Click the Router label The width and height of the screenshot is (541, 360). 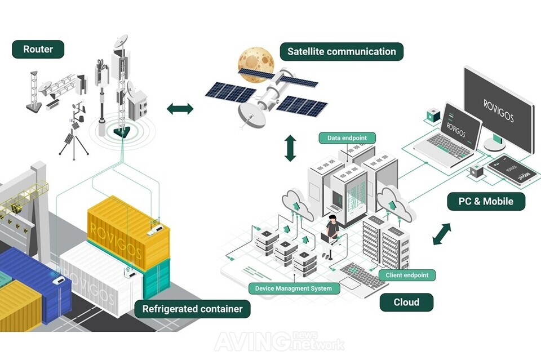[38, 50]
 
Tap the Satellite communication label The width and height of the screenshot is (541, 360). [342, 52]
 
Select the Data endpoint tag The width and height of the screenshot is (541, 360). [347, 138]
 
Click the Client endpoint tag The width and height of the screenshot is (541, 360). [407, 275]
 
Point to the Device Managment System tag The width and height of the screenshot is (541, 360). [294, 288]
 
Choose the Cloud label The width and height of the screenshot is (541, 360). [406, 303]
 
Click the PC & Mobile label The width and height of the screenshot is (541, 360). [486, 201]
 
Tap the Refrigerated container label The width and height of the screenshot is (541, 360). [192, 309]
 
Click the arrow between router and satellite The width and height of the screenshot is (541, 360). [180, 109]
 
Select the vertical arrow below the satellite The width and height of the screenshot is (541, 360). [290, 148]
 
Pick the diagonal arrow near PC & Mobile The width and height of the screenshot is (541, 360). [442, 234]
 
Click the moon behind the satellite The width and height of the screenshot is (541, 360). [256, 64]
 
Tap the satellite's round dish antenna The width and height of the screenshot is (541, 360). [252, 115]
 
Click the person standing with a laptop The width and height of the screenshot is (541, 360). [330, 236]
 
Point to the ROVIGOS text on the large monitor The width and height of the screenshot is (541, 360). [499, 111]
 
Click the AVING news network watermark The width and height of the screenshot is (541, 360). [280, 341]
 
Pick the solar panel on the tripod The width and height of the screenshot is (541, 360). [69, 139]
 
